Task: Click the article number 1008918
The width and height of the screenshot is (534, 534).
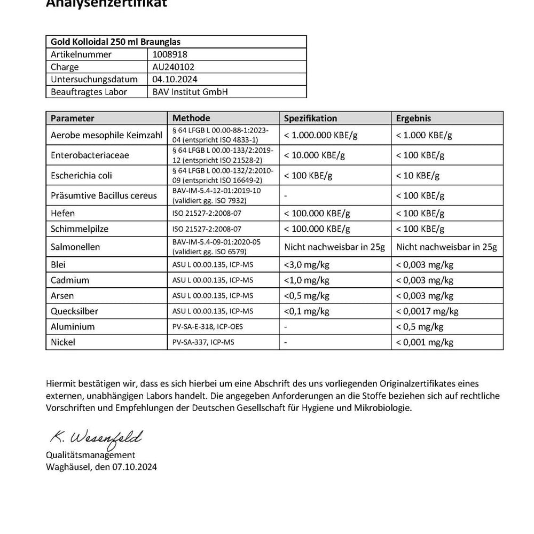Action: tap(170, 54)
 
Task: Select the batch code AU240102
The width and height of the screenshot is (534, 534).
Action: tap(174, 67)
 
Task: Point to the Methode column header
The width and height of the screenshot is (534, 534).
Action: tap(191, 118)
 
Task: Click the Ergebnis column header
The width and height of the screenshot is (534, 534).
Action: tap(413, 118)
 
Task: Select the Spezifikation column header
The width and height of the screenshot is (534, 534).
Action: tap(310, 118)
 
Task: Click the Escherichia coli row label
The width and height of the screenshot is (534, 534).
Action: tap(81, 175)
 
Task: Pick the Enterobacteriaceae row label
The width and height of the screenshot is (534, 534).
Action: tap(90, 155)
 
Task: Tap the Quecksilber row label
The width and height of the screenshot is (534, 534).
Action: tap(74, 311)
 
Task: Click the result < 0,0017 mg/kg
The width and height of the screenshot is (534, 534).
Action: tap(427, 311)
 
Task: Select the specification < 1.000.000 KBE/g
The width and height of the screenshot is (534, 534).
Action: tap(320, 135)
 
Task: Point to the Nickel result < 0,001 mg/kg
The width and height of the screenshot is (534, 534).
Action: tap(425, 342)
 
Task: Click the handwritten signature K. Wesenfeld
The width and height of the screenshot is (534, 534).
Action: tap(96, 438)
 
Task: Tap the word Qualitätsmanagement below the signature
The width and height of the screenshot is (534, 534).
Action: tap(90, 455)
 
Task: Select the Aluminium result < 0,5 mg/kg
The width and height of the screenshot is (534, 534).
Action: tap(420, 327)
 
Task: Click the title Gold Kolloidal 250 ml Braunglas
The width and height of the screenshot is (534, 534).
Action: tap(118, 42)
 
